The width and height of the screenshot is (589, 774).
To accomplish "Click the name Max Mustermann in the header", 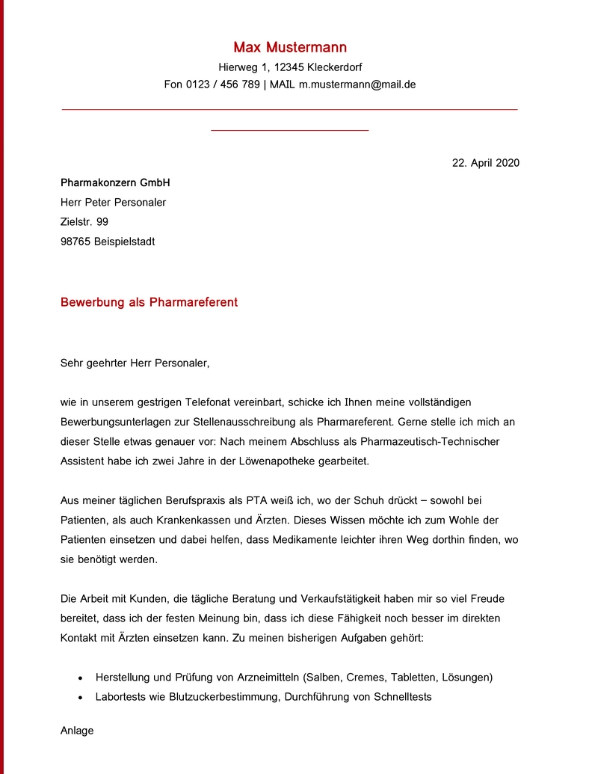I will pyautogui.click(x=290, y=48).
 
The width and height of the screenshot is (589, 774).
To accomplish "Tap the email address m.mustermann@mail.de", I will pyautogui.click(x=357, y=85).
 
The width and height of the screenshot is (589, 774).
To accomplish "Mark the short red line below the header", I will pyautogui.click(x=290, y=131).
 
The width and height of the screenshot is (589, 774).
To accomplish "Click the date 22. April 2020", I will pyautogui.click(x=485, y=163).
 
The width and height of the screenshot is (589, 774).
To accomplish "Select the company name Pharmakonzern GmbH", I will pyautogui.click(x=115, y=182).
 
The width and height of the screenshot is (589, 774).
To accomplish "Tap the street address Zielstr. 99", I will pyautogui.click(x=84, y=222).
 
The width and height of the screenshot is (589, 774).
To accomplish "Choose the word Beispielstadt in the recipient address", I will pyautogui.click(x=125, y=242).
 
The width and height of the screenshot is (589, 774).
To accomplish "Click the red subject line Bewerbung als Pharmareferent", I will pyautogui.click(x=149, y=303).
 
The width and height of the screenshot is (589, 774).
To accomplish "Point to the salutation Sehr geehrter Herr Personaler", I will pyautogui.click(x=135, y=363).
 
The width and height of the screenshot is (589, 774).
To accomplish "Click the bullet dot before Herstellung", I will pyautogui.click(x=81, y=678).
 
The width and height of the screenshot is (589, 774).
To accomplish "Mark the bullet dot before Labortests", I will pyautogui.click(x=81, y=698).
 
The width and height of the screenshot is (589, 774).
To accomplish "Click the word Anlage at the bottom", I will pyautogui.click(x=77, y=731).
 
